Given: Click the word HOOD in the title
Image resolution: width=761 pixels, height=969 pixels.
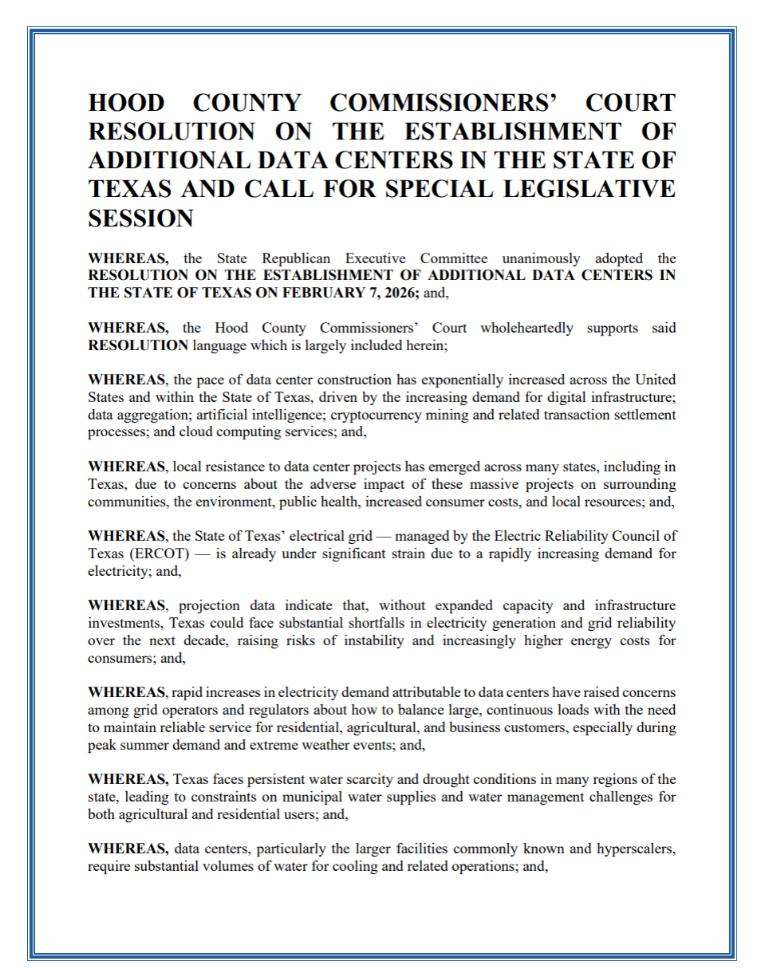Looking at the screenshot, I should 126,103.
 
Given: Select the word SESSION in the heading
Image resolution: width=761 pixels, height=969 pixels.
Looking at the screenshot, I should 140,218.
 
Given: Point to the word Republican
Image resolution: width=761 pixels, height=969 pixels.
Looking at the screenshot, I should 297,258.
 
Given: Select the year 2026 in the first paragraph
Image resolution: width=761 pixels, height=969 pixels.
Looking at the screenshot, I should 391,292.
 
